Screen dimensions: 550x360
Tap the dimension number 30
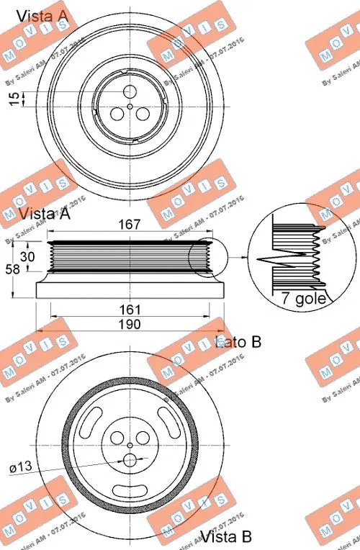(29, 257)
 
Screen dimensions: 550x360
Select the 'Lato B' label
(238, 343)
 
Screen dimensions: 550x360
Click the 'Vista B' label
(225, 537)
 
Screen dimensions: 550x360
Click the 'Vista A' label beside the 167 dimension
(44, 214)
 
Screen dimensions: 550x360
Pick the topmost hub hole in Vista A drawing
(130, 91)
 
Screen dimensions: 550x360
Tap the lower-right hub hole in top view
(143, 114)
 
